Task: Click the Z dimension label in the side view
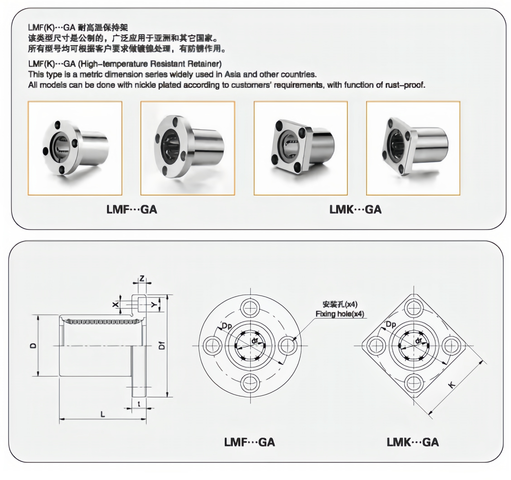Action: pyautogui.click(x=142, y=278)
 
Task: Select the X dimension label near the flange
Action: pyautogui.click(x=116, y=305)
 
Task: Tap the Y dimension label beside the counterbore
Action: pyautogui.click(x=154, y=305)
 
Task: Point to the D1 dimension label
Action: pyautogui.click(x=162, y=345)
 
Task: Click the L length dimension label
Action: pyautogui.click(x=103, y=414)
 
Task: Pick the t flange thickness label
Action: pyautogui.click(x=139, y=404)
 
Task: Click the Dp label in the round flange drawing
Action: pyautogui.click(x=227, y=326)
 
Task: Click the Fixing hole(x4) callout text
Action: pyautogui.click(x=340, y=314)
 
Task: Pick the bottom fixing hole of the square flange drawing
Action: pyautogui.click(x=414, y=383)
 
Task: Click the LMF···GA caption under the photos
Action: pyautogui.click(x=132, y=209)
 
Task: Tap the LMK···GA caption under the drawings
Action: pyautogui.click(x=412, y=442)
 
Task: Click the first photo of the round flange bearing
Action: pyautogui.click(x=75, y=148)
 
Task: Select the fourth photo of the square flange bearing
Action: pyautogui.click(x=413, y=148)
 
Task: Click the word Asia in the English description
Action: pyautogui.click(x=232, y=74)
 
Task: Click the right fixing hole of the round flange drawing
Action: pyautogui.click(x=288, y=346)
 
